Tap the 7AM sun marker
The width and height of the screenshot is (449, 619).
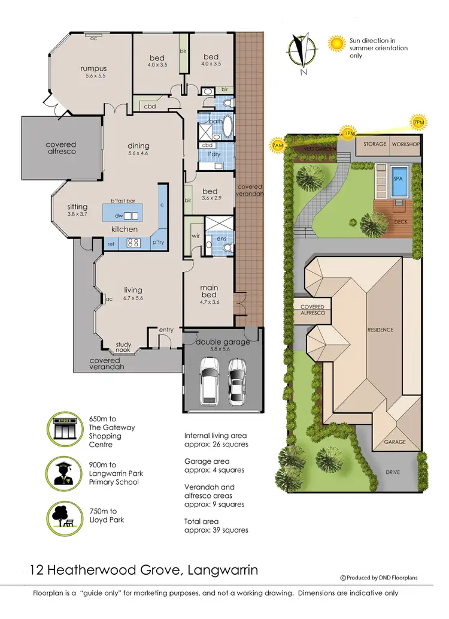[277, 145]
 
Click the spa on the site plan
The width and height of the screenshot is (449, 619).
[398, 182]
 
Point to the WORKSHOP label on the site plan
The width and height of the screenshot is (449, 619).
[406, 144]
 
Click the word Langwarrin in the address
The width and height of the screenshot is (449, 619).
[221, 569]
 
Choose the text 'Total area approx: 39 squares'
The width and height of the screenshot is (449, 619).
[216, 526]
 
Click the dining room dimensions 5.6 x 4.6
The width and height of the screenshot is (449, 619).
[138, 153]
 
